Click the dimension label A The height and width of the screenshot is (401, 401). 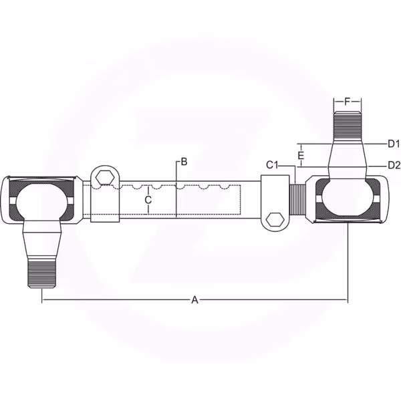pos(195,299)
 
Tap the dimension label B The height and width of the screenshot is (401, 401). pos(184,162)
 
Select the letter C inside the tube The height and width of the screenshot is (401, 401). pos(148,200)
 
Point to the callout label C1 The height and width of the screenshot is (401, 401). pos(272,165)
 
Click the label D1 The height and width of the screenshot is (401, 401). pos(394,144)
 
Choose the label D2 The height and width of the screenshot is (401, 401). pos(394,166)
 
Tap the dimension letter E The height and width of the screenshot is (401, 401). pos(301,155)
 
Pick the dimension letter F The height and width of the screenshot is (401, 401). pos(347,102)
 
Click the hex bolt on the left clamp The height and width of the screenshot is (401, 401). pos(105,177)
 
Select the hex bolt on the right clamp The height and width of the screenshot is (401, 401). pos(275,220)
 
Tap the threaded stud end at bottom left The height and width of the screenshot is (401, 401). pos(41,273)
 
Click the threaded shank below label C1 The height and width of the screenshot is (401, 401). pos(297,199)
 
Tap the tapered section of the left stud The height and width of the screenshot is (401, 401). pos(41,244)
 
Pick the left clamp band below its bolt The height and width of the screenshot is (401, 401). pos(105,204)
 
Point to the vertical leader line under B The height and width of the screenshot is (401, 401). pos(176,189)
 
